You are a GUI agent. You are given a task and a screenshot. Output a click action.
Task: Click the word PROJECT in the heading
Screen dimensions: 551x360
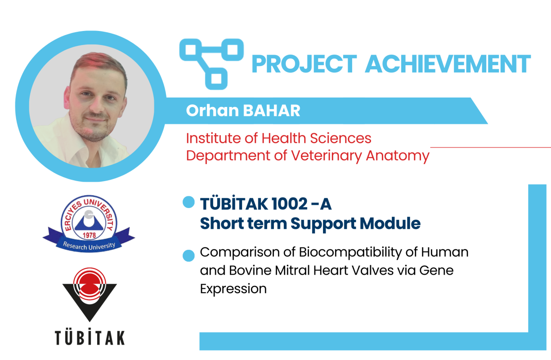[x=304, y=64]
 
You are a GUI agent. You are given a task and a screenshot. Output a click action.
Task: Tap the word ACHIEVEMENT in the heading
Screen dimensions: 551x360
[x=448, y=64]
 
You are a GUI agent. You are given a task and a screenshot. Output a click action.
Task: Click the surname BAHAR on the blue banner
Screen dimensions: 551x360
[x=272, y=111]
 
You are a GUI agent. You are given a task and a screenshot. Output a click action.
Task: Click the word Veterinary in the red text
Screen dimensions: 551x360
[x=327, y=156]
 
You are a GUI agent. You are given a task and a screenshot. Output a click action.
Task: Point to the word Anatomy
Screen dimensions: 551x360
[x=398, y=156]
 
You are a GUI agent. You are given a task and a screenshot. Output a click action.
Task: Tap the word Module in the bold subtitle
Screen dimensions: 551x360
[x=390, y=223]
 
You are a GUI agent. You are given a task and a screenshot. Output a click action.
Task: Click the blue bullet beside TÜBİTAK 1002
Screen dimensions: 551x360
[x=188, y=202]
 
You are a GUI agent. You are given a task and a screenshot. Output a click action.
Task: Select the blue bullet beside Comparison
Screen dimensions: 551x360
[x=188, y=256]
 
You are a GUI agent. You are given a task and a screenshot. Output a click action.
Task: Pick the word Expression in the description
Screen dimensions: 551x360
[x=233, y=289]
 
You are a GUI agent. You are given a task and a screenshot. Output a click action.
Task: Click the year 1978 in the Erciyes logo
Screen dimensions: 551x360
[x=89, y=235]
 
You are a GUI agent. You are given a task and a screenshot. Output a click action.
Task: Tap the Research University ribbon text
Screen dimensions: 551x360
[x=89, y=246]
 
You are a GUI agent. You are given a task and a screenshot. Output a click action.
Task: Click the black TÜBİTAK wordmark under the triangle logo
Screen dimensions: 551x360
[x=90, y=337]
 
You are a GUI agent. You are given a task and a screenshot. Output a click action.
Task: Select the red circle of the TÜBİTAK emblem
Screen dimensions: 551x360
[x=90, y=284]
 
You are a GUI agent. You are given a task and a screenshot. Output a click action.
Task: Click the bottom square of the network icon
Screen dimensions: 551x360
[x=216, y=78]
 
